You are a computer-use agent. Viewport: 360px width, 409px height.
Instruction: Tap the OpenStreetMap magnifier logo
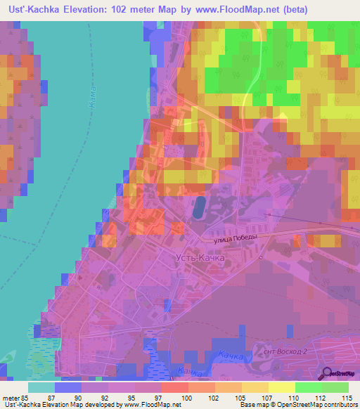click(x=326, y=373)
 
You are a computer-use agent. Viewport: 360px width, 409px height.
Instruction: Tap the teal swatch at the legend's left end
click(x=41, y=387)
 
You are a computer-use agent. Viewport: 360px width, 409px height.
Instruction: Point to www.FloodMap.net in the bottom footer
click(x=149, y=405)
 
